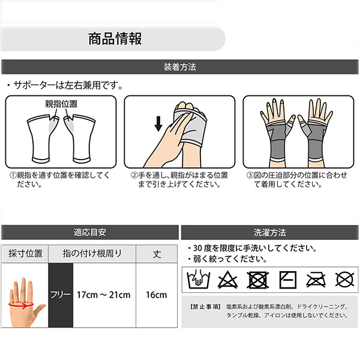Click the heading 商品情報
115,38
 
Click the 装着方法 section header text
180,67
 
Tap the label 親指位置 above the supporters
61,104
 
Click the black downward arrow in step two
158,124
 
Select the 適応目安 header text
90,232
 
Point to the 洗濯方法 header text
270,233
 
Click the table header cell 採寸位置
25,254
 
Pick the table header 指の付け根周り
92,253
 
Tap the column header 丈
157,254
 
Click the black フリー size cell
61,295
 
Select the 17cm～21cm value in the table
104,295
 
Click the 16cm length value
157,295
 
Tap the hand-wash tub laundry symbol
199,279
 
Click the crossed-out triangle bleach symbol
227,280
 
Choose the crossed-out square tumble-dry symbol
257,280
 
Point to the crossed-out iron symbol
316,280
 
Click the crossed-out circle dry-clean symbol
344,280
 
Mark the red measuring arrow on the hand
21,305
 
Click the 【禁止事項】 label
205,307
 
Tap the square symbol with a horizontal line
287,280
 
